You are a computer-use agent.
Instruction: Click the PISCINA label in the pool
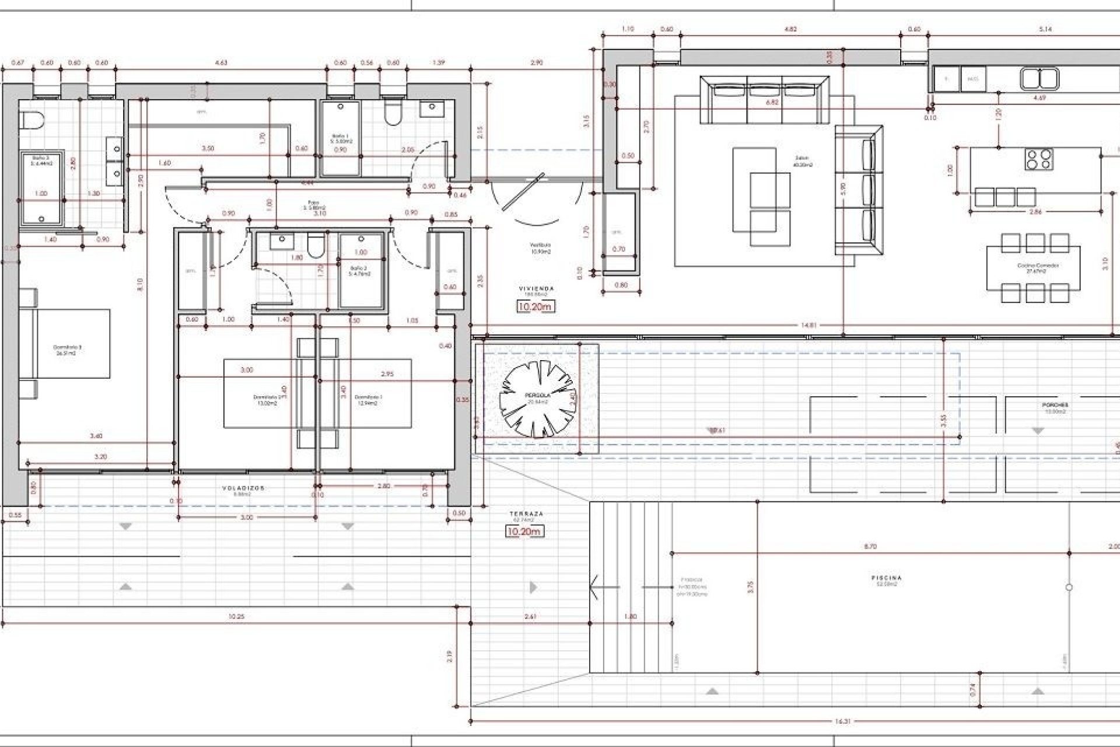[886, 578]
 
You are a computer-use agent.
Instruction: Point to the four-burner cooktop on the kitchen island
[1039, 159]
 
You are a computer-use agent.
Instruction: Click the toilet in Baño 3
[33, 121]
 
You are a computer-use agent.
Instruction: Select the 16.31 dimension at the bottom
[843, 721]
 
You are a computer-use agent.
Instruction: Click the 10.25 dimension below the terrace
[236, 616]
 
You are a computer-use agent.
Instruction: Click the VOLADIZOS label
[243, 488]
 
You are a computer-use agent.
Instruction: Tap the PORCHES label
[1055, 405]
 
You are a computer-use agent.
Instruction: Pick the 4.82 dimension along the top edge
[790, 29]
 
